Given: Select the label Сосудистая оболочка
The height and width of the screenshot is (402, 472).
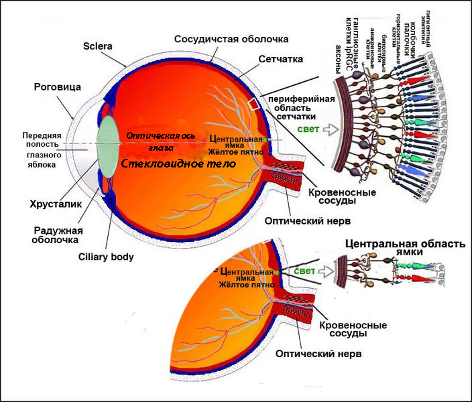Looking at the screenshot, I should pos(231,39).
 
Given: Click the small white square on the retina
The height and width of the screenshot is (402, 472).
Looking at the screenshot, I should pos(254,104).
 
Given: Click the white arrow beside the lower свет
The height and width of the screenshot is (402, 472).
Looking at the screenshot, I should pos(326,271).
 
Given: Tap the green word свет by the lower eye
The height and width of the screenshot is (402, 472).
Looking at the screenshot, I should pos(304,271).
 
